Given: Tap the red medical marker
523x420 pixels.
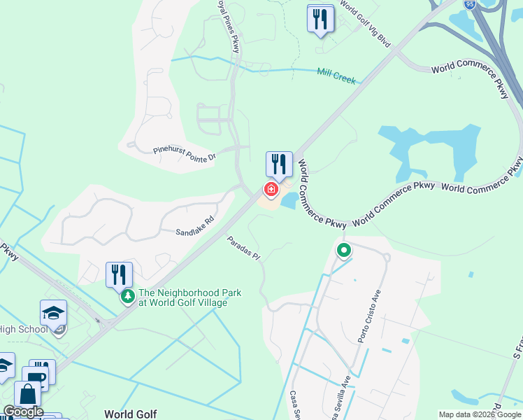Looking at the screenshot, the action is pos(271,189).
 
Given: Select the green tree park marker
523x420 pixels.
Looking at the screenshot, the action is pos(127,297).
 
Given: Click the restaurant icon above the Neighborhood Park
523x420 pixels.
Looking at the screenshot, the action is pos(119,274).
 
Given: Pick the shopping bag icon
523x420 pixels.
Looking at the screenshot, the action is pos(27,394).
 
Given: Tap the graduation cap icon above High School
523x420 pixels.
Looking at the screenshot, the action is pos(53,313).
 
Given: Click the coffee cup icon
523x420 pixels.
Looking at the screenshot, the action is pos(36,376).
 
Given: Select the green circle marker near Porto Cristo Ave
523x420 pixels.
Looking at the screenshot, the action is pos(343,250).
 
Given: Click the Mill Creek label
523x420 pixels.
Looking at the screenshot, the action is pos(336,76).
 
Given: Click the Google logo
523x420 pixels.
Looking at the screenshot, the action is pos(22,412).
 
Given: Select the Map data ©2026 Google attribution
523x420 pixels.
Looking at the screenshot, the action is pos(480,414).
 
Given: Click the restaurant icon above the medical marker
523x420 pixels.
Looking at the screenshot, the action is pos(279,164).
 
